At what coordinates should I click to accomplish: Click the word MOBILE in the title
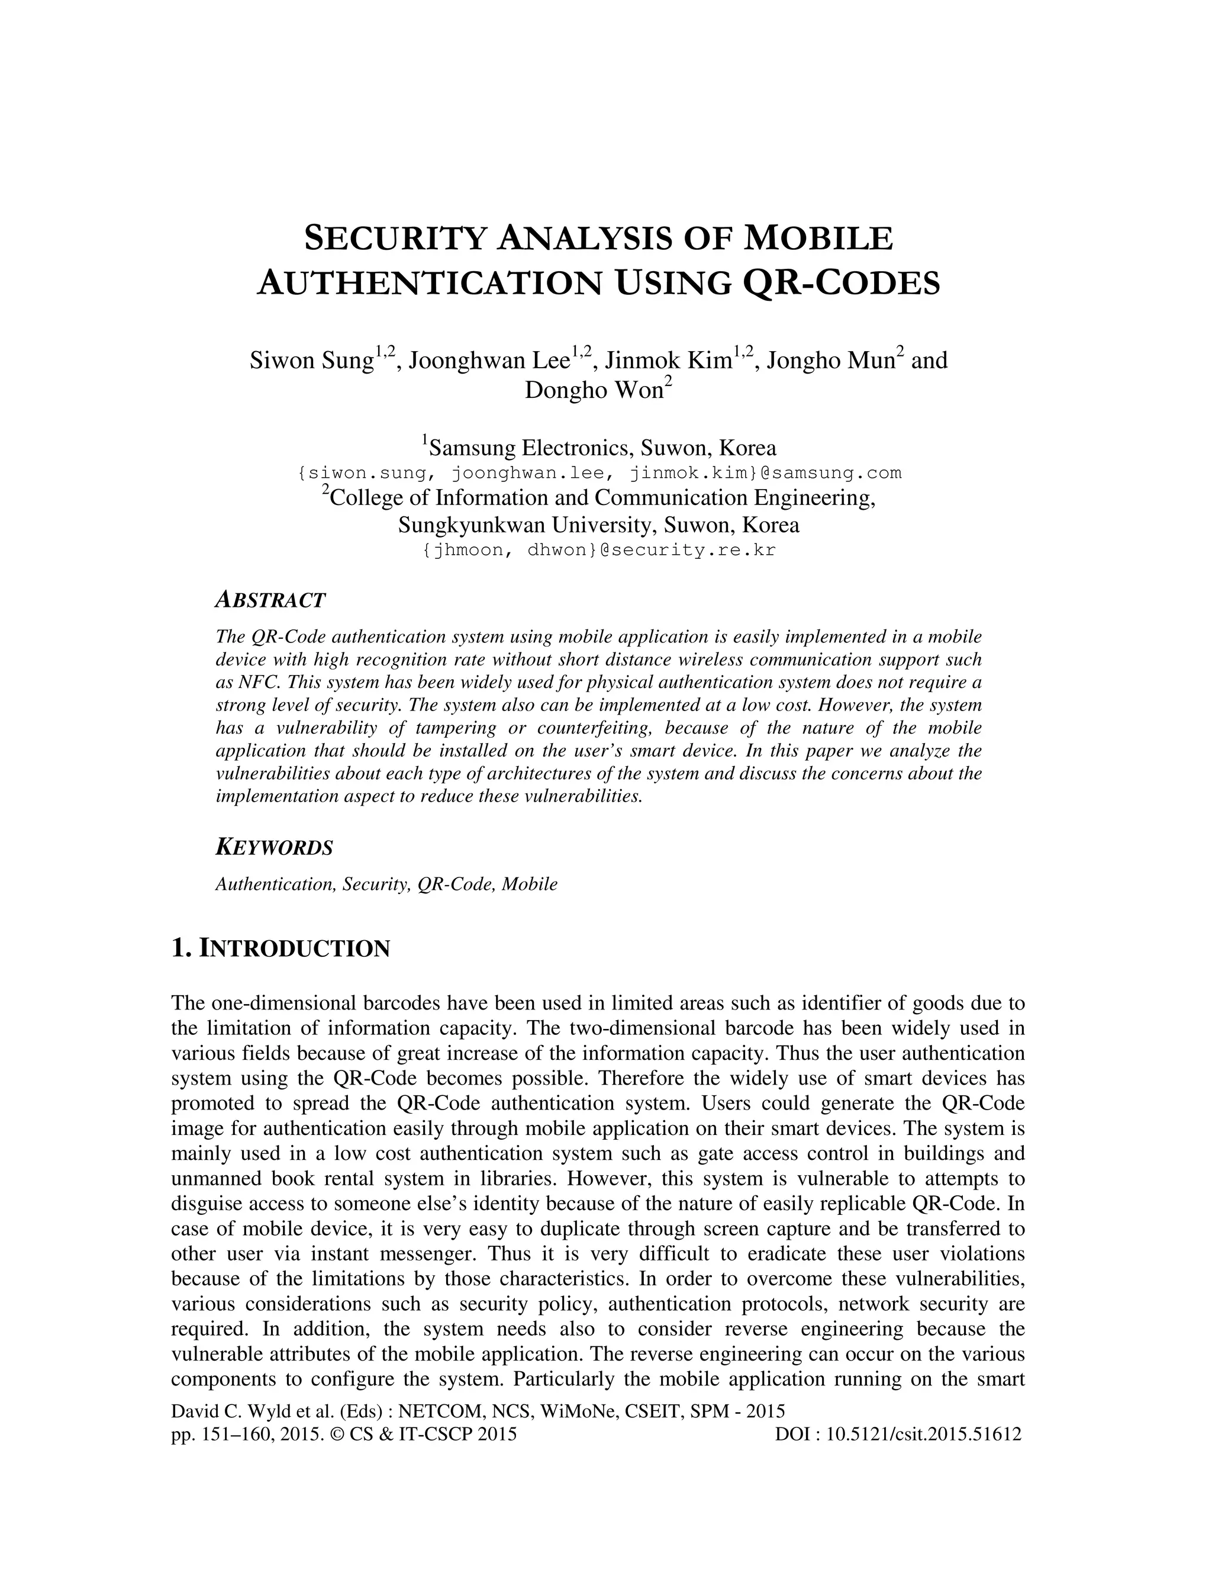[818, 239]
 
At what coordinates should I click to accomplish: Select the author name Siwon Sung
[312, 360]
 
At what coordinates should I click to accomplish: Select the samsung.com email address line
[599, 472]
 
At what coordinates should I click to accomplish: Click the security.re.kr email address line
[599, 550]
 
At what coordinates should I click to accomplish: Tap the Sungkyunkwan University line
[599, 525]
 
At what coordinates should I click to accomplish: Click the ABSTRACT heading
[270, 600]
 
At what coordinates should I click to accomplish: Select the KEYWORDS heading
[274, 848]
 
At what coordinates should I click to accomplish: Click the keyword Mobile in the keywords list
[529, 885]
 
